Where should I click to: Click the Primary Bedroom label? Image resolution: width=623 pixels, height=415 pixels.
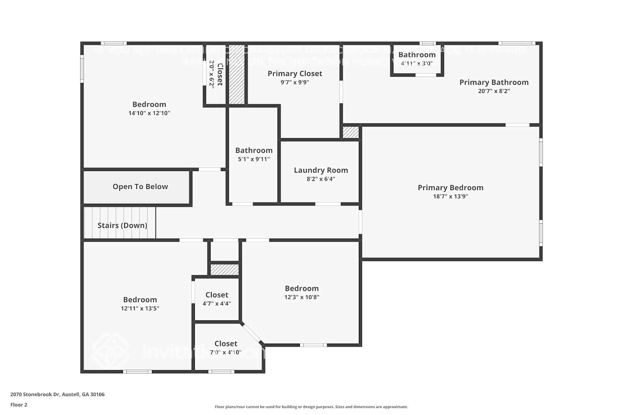pos(450,188)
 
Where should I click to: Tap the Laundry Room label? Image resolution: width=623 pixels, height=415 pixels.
pos(321,170)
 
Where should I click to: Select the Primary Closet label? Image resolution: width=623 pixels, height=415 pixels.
pos(294,73)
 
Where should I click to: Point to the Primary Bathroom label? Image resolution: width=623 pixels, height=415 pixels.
pos(493,82)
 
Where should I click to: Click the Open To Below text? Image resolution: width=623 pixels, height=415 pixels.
pos(140,187)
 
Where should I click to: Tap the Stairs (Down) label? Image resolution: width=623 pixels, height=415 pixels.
pos(122,225)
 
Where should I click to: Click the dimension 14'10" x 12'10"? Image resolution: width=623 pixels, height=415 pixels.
pos(149,113)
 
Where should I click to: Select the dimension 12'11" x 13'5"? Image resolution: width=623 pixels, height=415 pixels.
pos(140,308)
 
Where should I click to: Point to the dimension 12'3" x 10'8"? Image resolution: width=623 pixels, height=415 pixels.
pos(302,297)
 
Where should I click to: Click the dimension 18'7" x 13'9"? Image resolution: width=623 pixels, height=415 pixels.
pos(450,196)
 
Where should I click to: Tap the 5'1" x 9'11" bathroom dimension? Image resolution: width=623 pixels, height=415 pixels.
pos(254,159)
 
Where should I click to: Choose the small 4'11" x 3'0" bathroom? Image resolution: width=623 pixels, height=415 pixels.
pos(417,59)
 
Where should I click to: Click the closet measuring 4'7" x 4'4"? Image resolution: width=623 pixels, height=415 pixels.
pos(216,299)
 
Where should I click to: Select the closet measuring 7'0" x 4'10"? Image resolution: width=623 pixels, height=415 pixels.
pos(226,348)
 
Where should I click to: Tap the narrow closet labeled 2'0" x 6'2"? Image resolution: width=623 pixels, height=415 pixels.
pos(216,74)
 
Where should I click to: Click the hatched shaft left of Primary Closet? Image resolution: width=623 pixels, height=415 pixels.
pos(237,74)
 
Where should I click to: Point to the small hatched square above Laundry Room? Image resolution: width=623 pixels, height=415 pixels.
pos(351,132)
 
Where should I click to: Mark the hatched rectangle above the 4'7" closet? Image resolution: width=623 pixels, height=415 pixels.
pos(224,270)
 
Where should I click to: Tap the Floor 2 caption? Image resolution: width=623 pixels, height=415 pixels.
pos(19,405)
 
